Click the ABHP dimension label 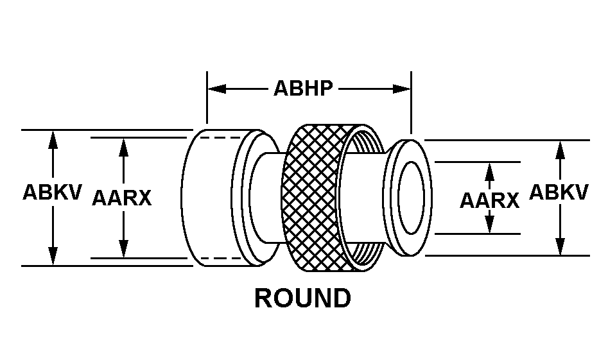304,89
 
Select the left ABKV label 53,193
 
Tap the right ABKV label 559,193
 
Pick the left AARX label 122,198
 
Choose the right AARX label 489,200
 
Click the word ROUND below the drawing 303,298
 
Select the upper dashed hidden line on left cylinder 221,137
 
